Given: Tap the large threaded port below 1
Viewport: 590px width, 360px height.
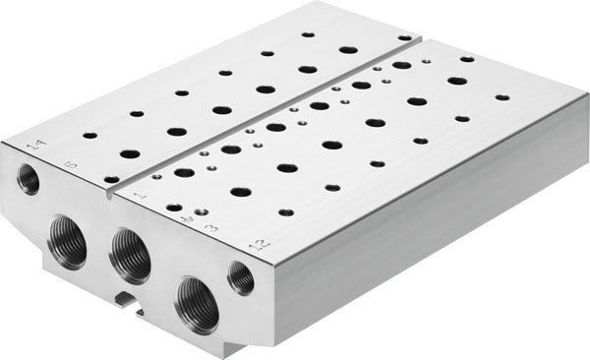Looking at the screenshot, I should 131,257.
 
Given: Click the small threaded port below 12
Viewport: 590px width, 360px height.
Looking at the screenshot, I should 241,278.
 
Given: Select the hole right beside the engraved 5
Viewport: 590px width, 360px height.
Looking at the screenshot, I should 111,180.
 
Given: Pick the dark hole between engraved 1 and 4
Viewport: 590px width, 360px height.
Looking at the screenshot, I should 174,208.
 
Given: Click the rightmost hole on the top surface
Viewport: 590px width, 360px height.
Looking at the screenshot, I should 502,97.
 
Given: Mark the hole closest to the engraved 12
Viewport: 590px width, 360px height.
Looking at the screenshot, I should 286,211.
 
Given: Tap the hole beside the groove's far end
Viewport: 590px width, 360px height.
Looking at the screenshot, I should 404,37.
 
